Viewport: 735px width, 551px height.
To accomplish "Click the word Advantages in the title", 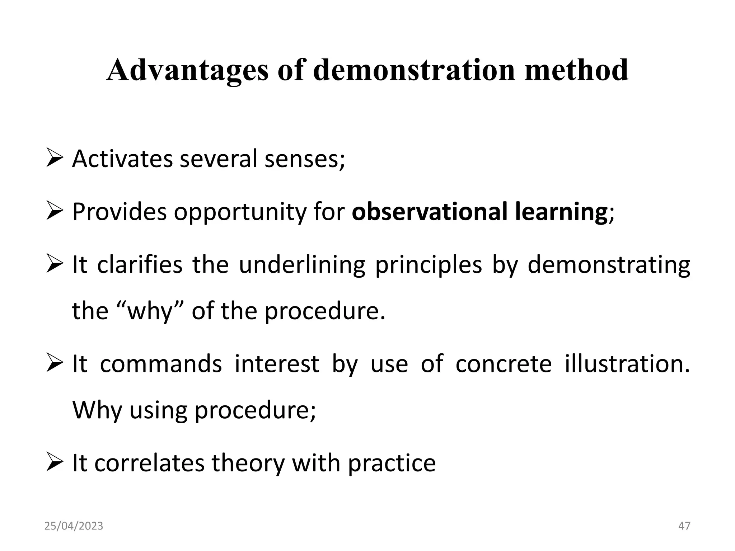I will coord(187,71).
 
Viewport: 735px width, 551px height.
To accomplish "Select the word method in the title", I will coord(576,70).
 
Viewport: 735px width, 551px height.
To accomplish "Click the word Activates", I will coord(122,159).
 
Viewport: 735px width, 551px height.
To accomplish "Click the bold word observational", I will coord(429,212).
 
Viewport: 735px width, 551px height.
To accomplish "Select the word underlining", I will coord(302,265).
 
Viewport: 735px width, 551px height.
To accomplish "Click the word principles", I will coord(429,265).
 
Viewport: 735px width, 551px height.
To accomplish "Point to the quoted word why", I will coord(151,311).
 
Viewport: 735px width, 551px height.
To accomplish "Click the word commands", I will coord(161,364).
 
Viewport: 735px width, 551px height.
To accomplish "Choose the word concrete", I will coord(504,364).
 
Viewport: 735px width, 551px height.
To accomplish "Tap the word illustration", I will coord(627,364).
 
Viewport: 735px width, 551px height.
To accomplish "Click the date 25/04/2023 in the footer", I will coord(74,526).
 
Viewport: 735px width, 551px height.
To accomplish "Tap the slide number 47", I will coord(684,526).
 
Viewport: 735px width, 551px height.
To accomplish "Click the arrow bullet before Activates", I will coord(55,159).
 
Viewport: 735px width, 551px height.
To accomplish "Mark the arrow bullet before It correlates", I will coord(55,463).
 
